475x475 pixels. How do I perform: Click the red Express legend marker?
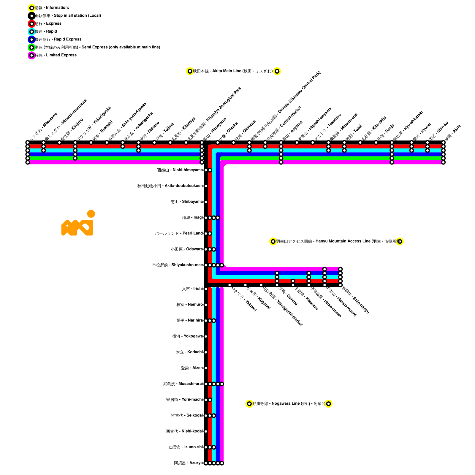click(31, 23)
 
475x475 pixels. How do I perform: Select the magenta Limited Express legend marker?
click(31, 55)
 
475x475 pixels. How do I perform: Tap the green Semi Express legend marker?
click(31, 47)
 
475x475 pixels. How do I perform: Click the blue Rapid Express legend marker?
click(31, 39)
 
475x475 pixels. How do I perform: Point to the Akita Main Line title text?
click(233, 71)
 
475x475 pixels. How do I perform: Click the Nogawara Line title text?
click(289, 404)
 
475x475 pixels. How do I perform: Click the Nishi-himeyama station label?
click(180, 170)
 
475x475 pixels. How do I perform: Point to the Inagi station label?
click(192, 218)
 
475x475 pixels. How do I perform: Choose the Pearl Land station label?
click(179, 233)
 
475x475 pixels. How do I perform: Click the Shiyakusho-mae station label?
click(178, 265)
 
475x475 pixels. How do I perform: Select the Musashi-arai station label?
click(183, 384)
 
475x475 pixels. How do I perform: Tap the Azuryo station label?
click(188, 463)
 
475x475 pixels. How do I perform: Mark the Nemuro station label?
click(189, 305)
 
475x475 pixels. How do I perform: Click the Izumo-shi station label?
click(186, 447)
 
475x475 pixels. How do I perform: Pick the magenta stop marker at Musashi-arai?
click(222, 384)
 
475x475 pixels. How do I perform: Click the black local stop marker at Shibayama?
click(206, 202)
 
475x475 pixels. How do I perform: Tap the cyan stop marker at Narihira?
click(214, 321)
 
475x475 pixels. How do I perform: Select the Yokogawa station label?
click(187, 336)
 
